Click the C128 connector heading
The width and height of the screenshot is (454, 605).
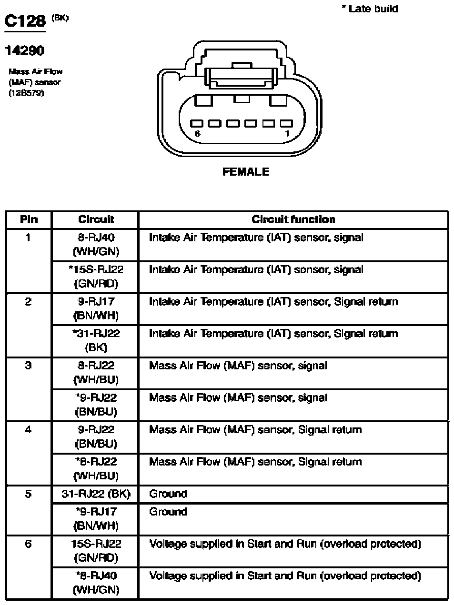pyautogui.click(x=25, y=21)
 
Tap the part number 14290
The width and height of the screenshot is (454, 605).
pyautogui.click(x=24, y=50)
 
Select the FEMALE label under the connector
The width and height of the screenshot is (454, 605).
pyautogui.click(x=245, y=172)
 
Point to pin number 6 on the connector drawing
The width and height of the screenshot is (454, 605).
pyautogui.click(x=197, y=134)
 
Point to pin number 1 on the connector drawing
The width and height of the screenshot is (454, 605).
pyautogui.click(x=287, y=134)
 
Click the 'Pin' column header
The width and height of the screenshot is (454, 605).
pyautogui.click(x=29, y=219)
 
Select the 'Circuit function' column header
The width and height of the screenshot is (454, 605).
pyautogui.click(x=293, y=219)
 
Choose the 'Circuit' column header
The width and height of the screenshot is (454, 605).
pyautogui.click(x=96, y=219)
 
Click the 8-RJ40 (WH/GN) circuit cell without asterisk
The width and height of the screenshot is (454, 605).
pyautogui.click(x=96, y=244)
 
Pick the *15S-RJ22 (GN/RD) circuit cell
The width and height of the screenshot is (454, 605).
pyautogui.click(x=96, y=276)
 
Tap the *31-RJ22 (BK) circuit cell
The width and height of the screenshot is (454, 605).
pyautogui.click(x=96, y=340)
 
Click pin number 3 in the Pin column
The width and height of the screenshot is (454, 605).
pyautogui.click(x=28, y=366)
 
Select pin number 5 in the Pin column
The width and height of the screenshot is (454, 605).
pyautogui.click(x=28, y=494)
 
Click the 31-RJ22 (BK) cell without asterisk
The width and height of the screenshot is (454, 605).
pyautogui.click(x=96, y=494)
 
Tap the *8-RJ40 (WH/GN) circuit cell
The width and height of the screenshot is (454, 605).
pyautogui.click(x=96, y=583)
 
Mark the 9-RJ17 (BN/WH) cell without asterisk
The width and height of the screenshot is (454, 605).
pyautogui.click(x=96, y=308)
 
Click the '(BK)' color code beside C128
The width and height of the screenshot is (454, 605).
pyautogui.click(x=61, y=18)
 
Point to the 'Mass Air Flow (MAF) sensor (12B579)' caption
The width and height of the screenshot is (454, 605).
pyautogui.click(x=35, y=82)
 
